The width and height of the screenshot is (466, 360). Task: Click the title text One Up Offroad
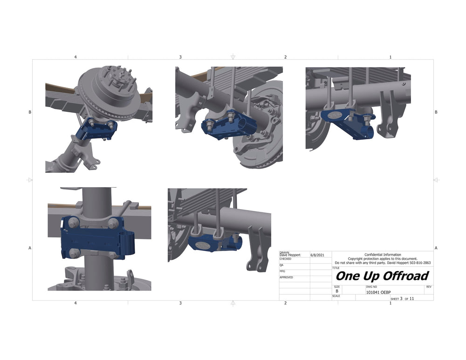(382, 276)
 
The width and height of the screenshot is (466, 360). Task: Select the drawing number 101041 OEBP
(378, 292)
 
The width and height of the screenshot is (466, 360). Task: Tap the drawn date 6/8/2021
(317, 255)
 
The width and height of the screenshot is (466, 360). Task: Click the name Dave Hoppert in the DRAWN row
(290, 255)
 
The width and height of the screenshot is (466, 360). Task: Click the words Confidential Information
(383, 255)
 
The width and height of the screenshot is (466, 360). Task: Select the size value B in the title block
(337, 291)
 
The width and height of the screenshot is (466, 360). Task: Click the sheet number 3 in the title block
(401, 299)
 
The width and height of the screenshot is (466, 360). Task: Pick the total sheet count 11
(411, 299)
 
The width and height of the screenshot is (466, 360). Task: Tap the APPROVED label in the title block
(286, 278)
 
